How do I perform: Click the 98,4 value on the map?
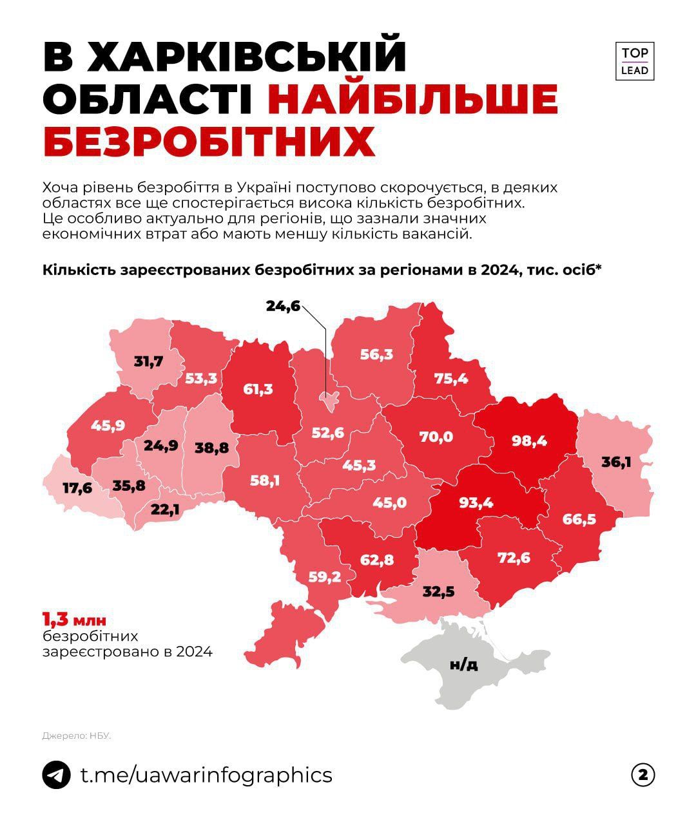point(529,441)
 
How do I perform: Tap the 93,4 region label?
point(475,502)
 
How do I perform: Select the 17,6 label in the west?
point(77,488)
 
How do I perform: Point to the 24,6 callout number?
point(283,306)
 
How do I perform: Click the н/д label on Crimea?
point(463,664)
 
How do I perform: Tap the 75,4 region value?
point(450,378)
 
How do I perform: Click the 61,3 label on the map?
point(258,388)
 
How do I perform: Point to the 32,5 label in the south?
point(439,591)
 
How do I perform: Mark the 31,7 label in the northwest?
point(148,361)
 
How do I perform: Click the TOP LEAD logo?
point(635,62)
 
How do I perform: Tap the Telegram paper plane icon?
point(56,775)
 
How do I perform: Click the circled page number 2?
point(642,775)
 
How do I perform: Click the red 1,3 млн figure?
point(73,620)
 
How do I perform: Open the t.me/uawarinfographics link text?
point(206,775)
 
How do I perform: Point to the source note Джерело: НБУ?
point(77,735)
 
